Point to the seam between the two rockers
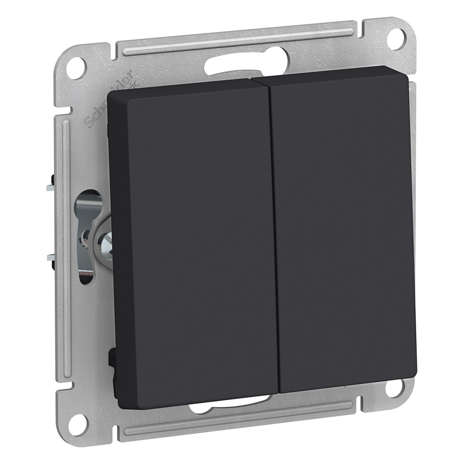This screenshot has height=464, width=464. (274, 232)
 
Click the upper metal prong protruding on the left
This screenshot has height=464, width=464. (50, 188)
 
